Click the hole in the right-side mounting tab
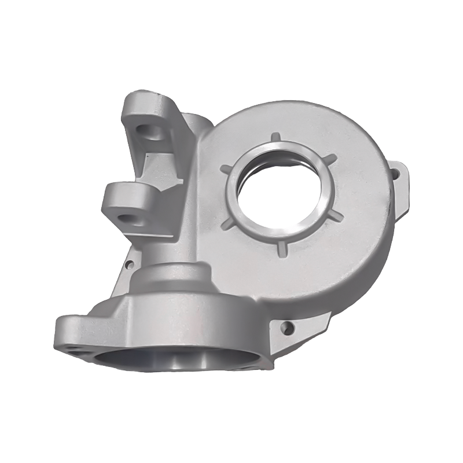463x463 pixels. point(398,172)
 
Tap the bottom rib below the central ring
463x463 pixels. point(281,247)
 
